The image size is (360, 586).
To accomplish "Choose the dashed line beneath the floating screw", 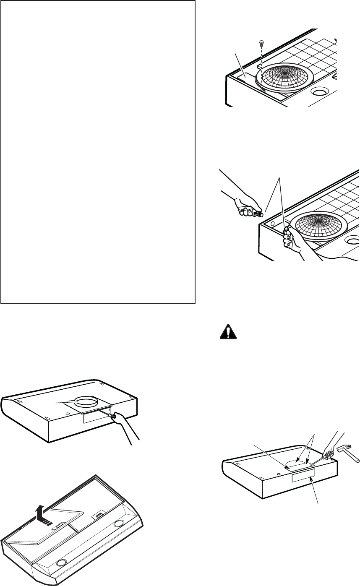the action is (262, 67).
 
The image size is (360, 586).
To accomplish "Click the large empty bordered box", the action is (98, 151).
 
